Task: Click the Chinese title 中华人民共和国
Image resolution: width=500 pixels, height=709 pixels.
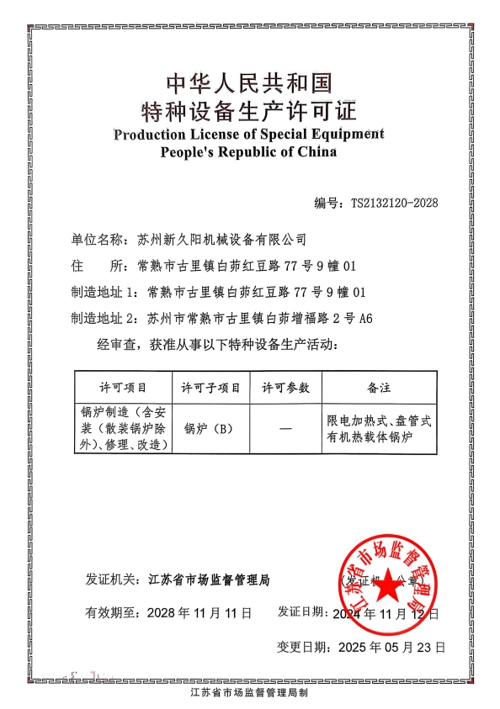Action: pyautogui.click(x=250, y=82)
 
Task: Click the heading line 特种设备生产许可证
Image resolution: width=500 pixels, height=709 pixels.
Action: pyautogui.click(x=250, y=110)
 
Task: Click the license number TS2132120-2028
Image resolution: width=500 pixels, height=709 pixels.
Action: pyautogui.click(x=394, y=203)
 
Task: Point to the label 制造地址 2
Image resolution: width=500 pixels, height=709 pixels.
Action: pyautogui.click(x=104, y=319)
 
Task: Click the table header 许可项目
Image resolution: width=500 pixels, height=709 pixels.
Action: pyautogui.click(x=124, y=388)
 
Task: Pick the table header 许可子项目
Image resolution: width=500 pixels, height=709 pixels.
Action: pyautogui.click(x=211, y=388)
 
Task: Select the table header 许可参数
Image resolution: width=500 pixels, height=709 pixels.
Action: pyautogui.click(x=286, y=388)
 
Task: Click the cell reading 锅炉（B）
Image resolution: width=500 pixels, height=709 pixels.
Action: pyautogui.click(x=208, y=428)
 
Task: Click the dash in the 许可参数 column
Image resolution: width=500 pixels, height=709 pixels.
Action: pyautogui.click(x=286, y=429)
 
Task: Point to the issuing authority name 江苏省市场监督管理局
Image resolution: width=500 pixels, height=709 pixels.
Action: pyautogui.click(x=209, y=579)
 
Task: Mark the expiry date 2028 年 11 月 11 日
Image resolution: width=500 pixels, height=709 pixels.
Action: pyautogui.click(x=199, y=613)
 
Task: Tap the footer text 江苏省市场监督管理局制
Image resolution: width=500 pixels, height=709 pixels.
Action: pyautogui.click(x=250, y=694)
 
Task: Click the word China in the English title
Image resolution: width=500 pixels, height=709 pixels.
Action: pyautogui.click(x=316, y=152)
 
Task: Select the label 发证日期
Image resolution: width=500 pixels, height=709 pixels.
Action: pyautogui.click(x=301, y=613)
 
